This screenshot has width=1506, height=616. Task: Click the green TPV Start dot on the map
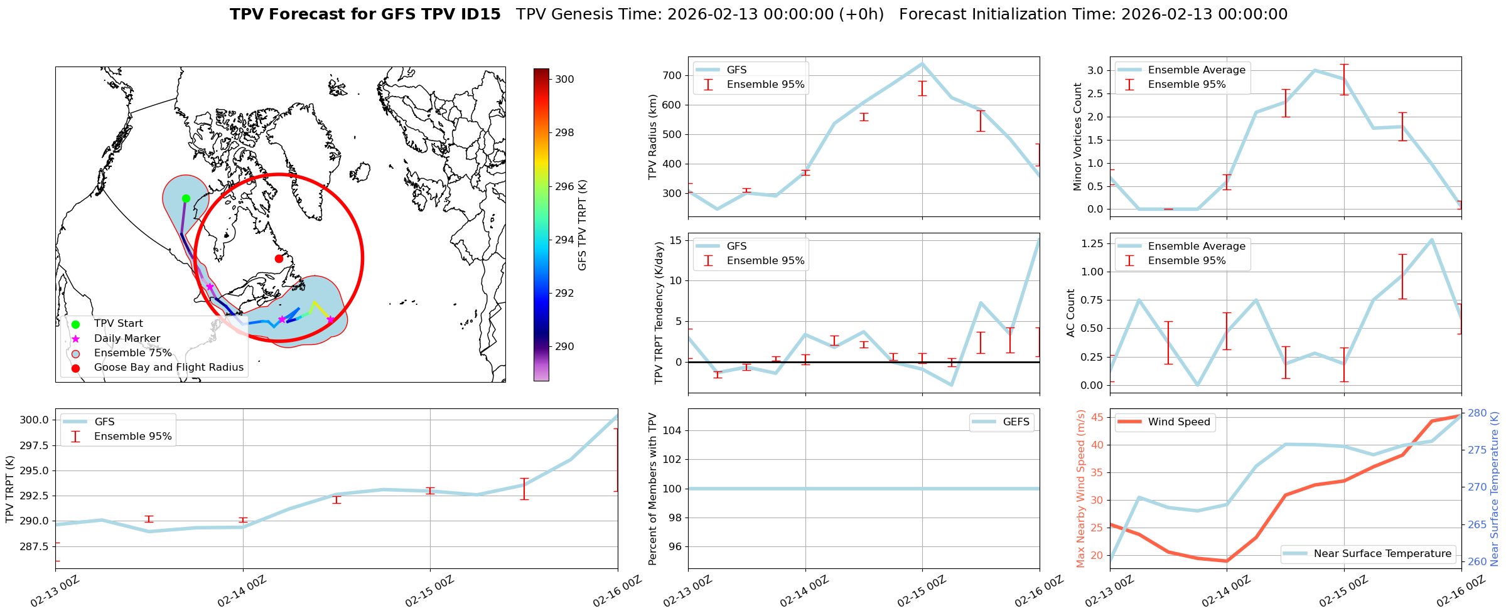click(x=186, y=198)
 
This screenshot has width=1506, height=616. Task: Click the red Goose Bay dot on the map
click(x=279, y=258)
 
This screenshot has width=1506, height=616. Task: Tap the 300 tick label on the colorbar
click(x=564, y=80)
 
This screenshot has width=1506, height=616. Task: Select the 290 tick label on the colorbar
click(x=564, y=346)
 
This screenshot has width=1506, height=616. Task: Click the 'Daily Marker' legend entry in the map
click(x=127, y=338)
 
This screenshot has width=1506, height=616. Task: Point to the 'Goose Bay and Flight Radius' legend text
click(x=168, y=368)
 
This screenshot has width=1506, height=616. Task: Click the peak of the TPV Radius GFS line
click(x=922, y=63)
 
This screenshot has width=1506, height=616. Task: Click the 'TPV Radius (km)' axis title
click(x=653, y=137)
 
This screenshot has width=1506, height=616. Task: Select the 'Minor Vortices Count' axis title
click(x=1077, y=137)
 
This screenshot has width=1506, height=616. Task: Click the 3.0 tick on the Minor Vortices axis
click(x=1095, y=70)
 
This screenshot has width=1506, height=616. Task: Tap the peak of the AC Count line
click(x=1431, y=240)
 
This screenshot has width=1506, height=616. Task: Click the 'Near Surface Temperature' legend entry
click(x=1382, y=553)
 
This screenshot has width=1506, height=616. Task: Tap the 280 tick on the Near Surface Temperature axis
click(x=1477, y=413)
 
